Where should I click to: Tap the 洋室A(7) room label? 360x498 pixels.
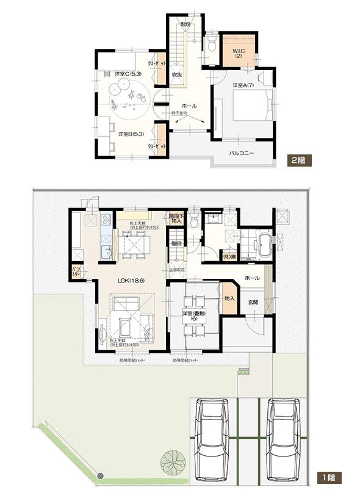click(242, 85)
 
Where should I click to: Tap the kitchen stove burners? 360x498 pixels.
click(104, 218)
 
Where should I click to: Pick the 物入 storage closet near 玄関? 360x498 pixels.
click(229, 298)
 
